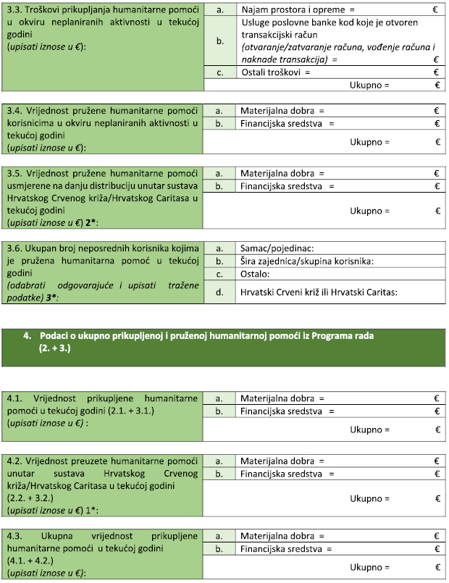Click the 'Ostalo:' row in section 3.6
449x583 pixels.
[254, 274]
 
